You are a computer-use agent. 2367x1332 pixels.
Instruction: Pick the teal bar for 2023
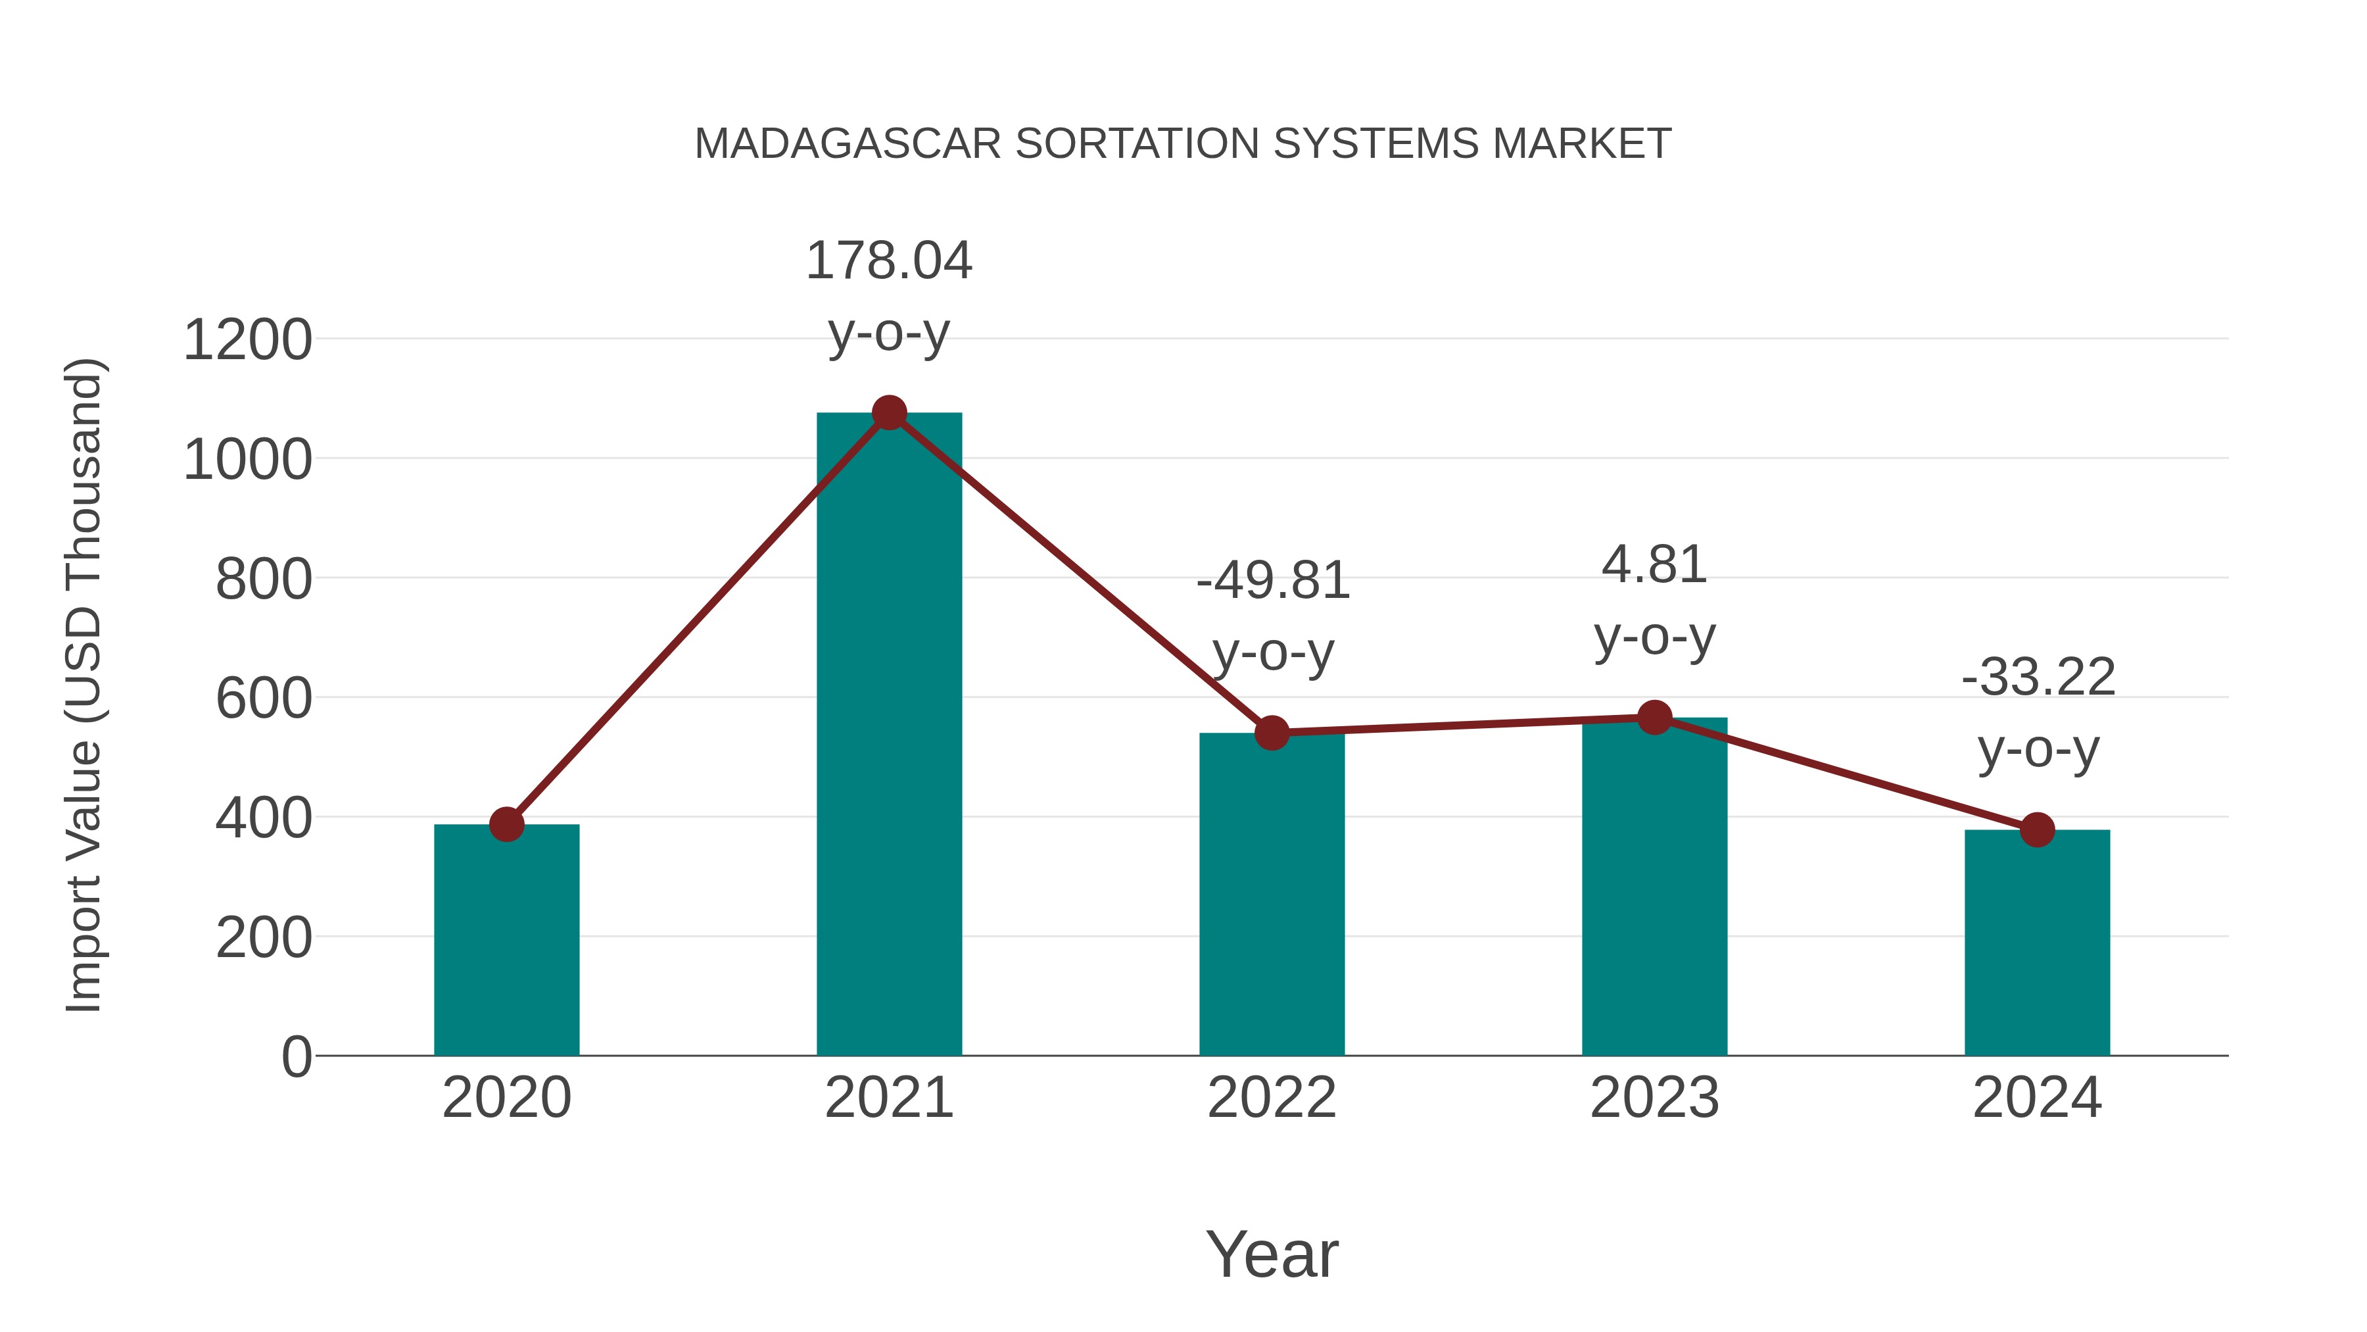(1654, 887)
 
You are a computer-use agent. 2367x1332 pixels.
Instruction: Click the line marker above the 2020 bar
(506, 825)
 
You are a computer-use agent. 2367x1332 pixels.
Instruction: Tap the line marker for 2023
(1654, 717)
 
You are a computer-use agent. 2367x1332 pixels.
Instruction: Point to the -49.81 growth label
(1273, 581)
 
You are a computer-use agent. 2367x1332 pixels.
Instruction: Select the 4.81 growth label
(1654, 564)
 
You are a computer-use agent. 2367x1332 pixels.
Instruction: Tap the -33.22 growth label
(2038, 678)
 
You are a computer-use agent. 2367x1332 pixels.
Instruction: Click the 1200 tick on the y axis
(247, 340)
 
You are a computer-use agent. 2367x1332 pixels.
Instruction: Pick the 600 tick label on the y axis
(264, 699)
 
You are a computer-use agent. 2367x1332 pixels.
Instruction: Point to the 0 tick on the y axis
(296, 1057)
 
